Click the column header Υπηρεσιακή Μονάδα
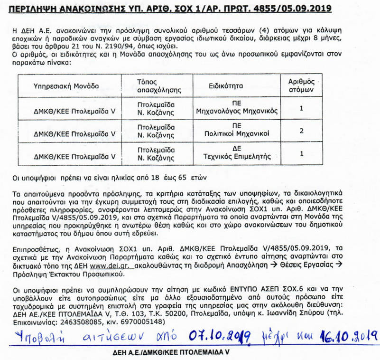click(x=66, y=86)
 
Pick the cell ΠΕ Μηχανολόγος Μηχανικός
click(x=237, y=108)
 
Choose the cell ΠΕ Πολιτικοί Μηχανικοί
click(x=237, y=130)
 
